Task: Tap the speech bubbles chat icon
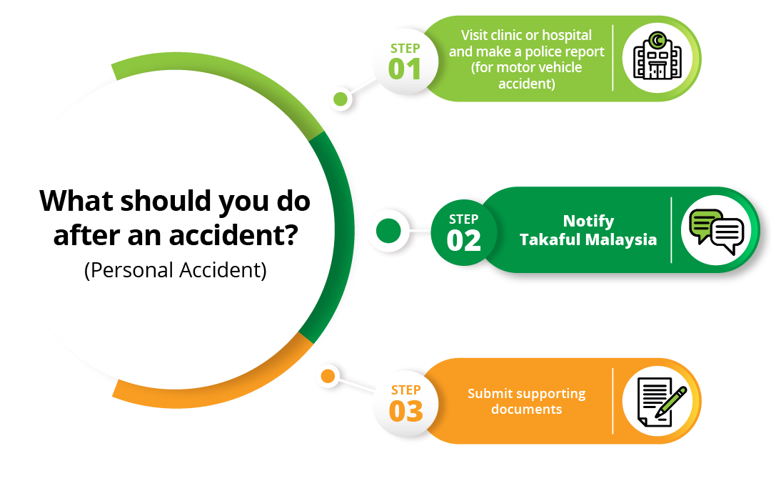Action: pos(717,232)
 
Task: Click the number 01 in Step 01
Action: pos(405,69)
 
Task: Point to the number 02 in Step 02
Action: pos(463,241)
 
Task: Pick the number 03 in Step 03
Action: pos(405,412)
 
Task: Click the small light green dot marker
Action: pos(341,99)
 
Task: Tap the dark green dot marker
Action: pos(388,231)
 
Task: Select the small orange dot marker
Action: pos(328,377)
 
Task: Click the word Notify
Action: pos(588,222)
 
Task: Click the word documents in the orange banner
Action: pos(526,410)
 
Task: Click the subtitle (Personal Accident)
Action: pos(176,270)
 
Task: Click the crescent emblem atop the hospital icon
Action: pos(657,39)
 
